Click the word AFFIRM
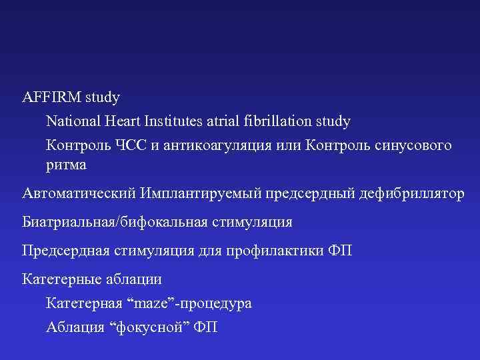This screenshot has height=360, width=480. tap(52, 97)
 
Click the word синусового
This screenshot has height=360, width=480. tap(411, 145)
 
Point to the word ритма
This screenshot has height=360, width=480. tap(66, 163)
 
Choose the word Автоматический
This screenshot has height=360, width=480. tap(79, 193)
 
